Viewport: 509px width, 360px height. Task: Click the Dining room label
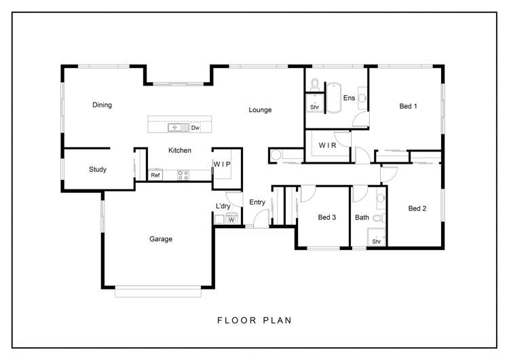coord(102,105)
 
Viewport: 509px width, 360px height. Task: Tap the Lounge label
coord(260,110)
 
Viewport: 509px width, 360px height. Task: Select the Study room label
coord(97,170)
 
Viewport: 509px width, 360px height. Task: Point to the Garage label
coord(161,239)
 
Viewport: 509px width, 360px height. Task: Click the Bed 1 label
coord(408,106)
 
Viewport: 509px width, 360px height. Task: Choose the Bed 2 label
coord(417,209)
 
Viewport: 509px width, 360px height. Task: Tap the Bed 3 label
coord(327,217)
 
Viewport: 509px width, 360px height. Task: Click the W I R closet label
coord(328,145)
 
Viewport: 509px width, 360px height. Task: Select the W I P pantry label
coord(223,164)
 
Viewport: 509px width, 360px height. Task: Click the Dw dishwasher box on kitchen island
coord(195,128)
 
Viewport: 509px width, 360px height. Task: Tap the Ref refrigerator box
coord(155,175)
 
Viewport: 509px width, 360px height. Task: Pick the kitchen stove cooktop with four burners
coord(183,175)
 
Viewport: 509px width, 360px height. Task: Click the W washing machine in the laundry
coord(231,219)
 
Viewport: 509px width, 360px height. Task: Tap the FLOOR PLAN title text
coord(254,320)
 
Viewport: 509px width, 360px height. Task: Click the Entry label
coord(257,202)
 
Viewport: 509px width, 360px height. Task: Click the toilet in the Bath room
coord(379,219)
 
